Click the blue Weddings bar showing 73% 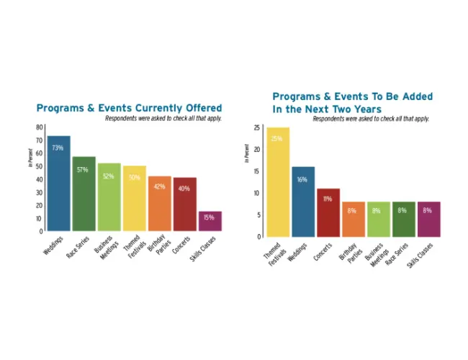click(x=59, y=184)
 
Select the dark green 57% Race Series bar click(x=84, y=194)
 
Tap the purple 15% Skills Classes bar click(x=210, y=221)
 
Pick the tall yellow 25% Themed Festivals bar click(x=278, y=182)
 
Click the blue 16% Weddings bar click(x=303, y=202)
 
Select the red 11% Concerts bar click(x=328, y=212)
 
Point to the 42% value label click(x=159, y=186)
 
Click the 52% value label click(x=109, y=176)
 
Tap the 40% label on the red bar click(x=184, y=189)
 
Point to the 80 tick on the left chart click(x=40, y=127)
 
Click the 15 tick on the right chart click(x=257, y=171)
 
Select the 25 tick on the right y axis click(x=257, y=127)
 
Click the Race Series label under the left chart click(x=78, y=247)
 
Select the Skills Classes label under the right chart click(x=420, y=255)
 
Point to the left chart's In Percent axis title click(x=30, y=158)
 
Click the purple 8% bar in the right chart click(x=429, y=219)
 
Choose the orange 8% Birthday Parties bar click(x=354, y=219)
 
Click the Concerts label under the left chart click(x=181, y=245)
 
